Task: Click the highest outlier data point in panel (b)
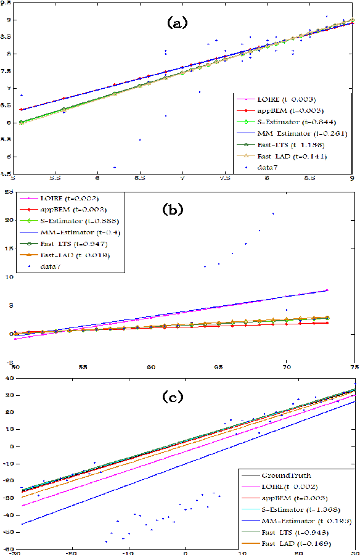(273, 213)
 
